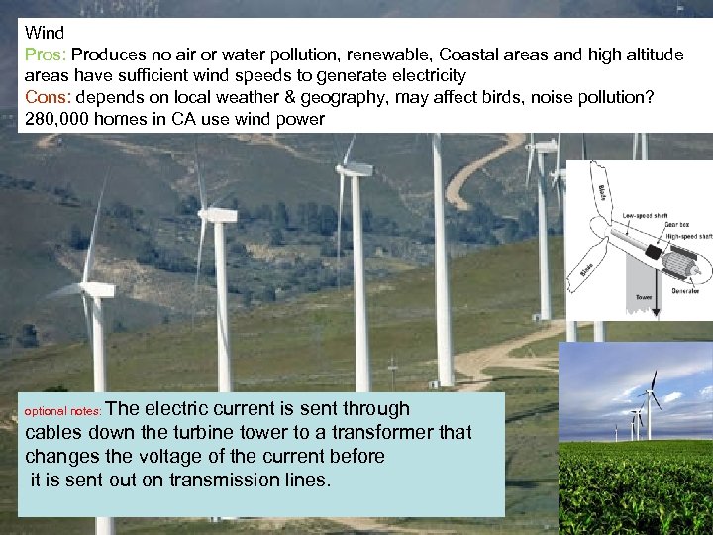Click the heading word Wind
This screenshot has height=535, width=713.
coord(45,33)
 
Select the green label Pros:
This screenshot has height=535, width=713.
coord(45,54)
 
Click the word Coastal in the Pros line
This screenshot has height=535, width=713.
coord(471,54)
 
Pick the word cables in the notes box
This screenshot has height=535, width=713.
coord(52,433)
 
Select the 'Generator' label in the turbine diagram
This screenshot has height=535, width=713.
coord(684,292)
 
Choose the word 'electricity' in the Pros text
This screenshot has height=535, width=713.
coord(416,76)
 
